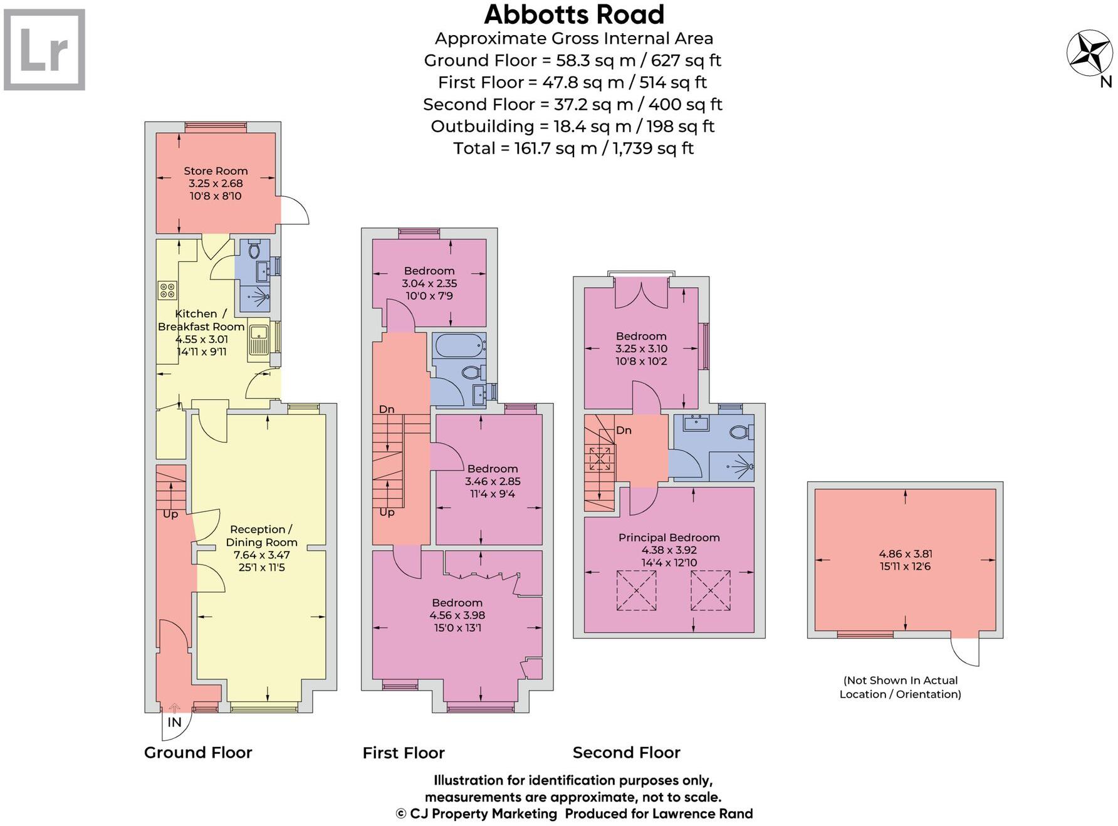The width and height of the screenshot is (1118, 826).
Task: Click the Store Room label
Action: (216, 171)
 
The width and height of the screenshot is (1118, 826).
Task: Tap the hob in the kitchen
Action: (167, 290)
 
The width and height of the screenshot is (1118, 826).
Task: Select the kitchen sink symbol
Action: (258, 340)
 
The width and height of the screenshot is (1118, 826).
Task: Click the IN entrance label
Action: (174, 722)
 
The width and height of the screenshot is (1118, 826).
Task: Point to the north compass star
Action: (1090, 53)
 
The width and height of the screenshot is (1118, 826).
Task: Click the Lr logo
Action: (44, 50)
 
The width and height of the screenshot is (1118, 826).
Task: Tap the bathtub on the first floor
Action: (459, 346)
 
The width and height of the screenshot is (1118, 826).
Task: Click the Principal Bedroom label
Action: (669, 538)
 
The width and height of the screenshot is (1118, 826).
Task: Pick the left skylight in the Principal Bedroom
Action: (636, 590)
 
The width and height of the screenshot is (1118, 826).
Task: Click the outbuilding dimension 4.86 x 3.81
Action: (905, 554)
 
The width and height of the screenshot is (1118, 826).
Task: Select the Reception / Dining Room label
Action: (261, 536)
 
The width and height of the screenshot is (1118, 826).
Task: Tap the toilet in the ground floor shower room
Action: (254, 251)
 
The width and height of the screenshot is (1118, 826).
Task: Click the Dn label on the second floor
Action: (624, 431)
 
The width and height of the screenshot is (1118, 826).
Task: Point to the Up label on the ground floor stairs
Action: (170, 514)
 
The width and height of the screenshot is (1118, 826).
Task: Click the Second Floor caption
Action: (626, 753)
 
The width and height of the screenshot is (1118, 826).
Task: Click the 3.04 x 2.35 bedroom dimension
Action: (429, 283)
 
